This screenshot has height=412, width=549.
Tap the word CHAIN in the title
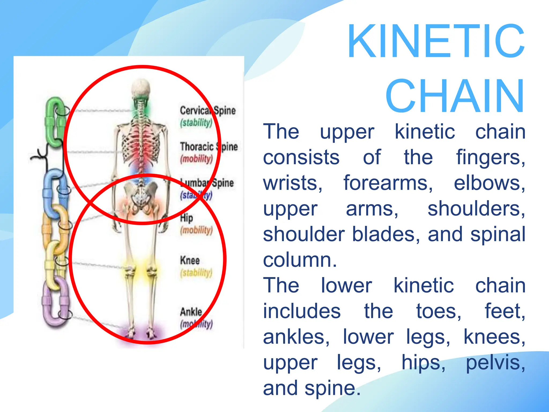pyautogui.click(x=455, y=96)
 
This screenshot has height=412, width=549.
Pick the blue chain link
pyautogui.click(x=54, y=192)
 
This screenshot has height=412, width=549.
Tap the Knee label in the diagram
pyautogui.click(x=190, y=260)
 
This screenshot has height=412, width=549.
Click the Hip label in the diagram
pyautogui.click(x=187, y=218)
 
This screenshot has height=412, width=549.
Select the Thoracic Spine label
pyautogui.click(x=209, y=147)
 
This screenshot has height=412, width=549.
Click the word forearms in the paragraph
pyautogui.click(x=388, y=183)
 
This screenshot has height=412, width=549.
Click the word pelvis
pyautogui.click(x=495, y=363)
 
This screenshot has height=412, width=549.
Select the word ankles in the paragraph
pyautogui.click(x=296, y=337)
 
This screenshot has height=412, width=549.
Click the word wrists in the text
pyautogui.click(x=292, y=183)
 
